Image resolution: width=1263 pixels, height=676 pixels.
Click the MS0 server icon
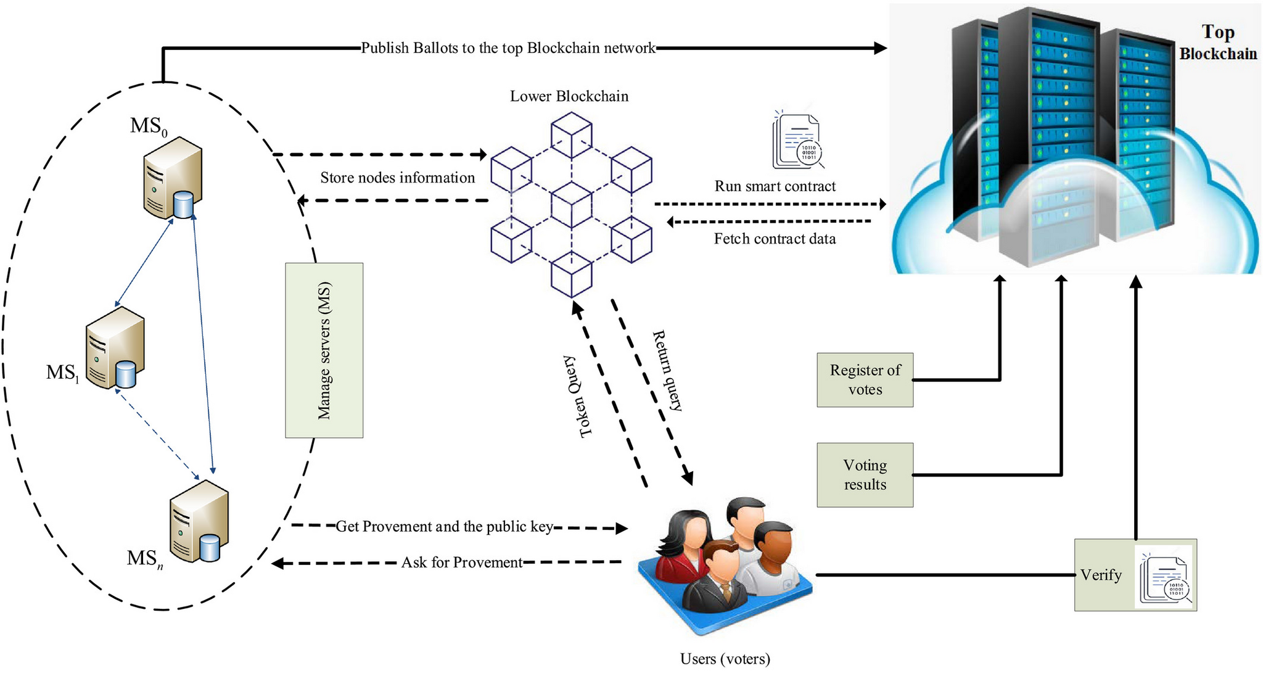click(173, 178)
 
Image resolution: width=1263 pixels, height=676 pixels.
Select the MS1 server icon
click(115, 348)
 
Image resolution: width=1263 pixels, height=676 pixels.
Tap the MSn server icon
click(199, 521)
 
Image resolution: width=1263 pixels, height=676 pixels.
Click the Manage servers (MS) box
click(324, 350)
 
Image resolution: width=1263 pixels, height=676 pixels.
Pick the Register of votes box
click(865, 380)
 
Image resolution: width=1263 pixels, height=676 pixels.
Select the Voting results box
click(865, 475)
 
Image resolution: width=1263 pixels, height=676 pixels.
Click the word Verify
click(1101, 575)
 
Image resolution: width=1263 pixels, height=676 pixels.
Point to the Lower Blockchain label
click(569, 96)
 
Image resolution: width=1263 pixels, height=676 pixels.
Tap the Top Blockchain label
click(1218, 43)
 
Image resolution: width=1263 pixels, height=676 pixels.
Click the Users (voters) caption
click(725, 659)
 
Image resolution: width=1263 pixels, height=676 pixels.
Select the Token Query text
click(577, 396)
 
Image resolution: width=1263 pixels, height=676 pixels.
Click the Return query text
click(668, 371)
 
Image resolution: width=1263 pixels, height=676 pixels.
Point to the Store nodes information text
click(397, 178)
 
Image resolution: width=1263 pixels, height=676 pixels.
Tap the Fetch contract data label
click(775, 239)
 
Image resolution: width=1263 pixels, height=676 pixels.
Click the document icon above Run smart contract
click(797, 140)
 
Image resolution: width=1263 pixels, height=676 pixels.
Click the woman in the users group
click(684, 543)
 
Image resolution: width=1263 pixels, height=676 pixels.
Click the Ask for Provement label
click(462, 563)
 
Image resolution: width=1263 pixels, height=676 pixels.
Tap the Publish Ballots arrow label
click(508, 48)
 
